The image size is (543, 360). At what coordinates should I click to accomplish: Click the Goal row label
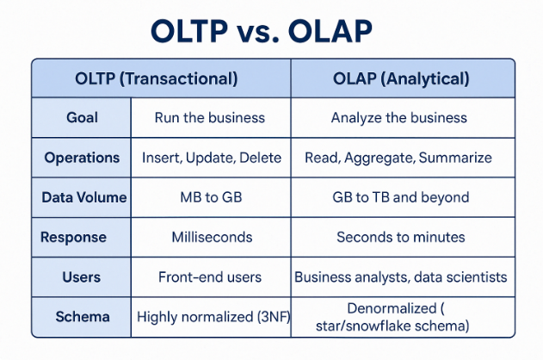83,118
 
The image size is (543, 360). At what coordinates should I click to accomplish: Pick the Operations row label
83,158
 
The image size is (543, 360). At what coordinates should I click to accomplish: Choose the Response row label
83,237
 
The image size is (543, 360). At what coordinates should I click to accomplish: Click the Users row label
83,277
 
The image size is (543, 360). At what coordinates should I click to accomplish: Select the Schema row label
83,317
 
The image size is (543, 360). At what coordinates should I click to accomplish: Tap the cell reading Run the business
210,118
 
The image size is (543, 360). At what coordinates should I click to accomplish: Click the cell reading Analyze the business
398,118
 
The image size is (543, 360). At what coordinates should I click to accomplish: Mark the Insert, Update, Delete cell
210,158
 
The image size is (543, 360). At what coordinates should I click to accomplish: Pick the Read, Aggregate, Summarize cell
398,158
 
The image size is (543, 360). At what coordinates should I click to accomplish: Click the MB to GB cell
210,197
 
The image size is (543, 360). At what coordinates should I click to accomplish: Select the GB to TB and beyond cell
400,197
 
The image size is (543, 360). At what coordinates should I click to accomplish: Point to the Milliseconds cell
210,237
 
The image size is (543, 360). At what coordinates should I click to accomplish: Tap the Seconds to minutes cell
400,237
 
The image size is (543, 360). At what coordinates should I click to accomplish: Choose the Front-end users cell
210,277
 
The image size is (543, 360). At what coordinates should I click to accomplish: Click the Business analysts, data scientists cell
400,277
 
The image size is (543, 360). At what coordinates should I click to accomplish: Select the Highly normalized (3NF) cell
213,317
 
